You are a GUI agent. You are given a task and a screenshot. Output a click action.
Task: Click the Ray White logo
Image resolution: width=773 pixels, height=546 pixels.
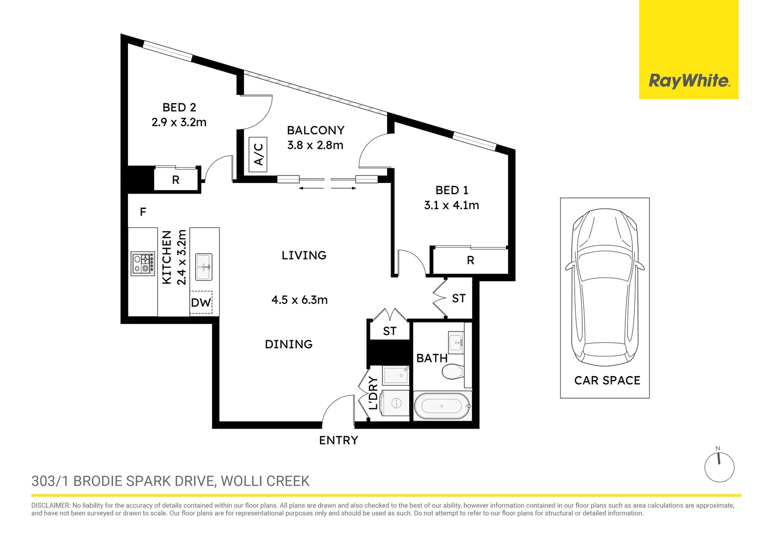coord(689,81)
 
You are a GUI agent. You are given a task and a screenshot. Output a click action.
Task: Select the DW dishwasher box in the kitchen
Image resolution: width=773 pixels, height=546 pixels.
coord(201,302)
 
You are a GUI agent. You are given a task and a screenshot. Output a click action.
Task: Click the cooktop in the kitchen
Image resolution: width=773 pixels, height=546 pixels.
coord(143,263)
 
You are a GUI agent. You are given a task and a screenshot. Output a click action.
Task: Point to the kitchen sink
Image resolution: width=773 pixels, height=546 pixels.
coord(204,267)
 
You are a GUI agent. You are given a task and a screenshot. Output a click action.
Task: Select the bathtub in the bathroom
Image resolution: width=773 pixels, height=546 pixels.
coord(442,405)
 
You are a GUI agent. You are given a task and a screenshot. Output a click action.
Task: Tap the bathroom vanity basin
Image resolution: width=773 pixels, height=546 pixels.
coord(456,343)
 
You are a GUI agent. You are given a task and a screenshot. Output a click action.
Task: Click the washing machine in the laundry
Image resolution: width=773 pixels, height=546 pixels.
coord(396,403)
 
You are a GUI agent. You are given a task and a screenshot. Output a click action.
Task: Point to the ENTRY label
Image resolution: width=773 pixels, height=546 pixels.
coord(338,440)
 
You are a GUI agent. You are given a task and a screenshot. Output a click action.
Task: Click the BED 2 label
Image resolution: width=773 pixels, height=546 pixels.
coord(179,107)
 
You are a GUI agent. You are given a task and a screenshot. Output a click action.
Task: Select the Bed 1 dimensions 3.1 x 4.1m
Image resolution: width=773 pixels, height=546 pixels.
coord(451,205)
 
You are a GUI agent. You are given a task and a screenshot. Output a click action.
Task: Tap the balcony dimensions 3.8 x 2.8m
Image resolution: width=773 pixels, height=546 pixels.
coord(315,145)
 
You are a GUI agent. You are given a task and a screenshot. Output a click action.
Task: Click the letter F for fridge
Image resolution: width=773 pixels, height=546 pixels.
coord(143,212)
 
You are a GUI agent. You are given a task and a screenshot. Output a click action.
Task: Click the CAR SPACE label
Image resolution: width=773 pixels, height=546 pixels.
coord(607,380)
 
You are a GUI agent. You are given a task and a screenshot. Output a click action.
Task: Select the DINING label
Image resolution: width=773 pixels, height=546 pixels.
coord(288,344)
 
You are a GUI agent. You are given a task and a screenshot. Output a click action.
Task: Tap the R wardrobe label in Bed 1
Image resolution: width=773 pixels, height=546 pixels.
coord(470,260)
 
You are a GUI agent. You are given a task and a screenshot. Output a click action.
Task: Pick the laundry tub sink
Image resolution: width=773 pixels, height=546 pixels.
coord(396,376)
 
